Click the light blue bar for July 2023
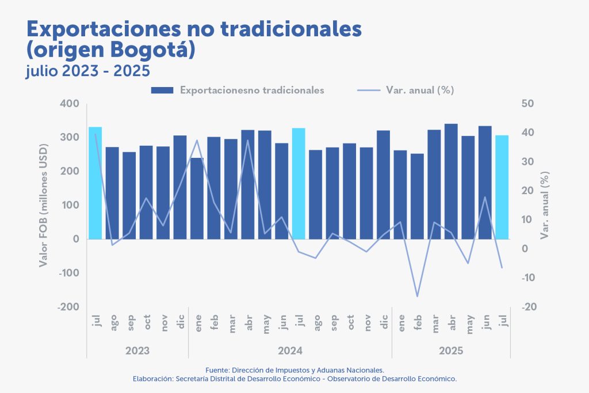click(95, 183)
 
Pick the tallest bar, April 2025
click(451, 181)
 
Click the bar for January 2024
click(197, 198)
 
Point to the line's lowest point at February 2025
click(418, 296)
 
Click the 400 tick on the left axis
click(69, 104)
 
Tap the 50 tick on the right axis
click(528, 104)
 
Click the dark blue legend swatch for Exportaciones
click(162, 90)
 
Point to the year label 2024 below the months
click(290, 350)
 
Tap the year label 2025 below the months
click(451, 350)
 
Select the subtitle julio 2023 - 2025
click(88, 71)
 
